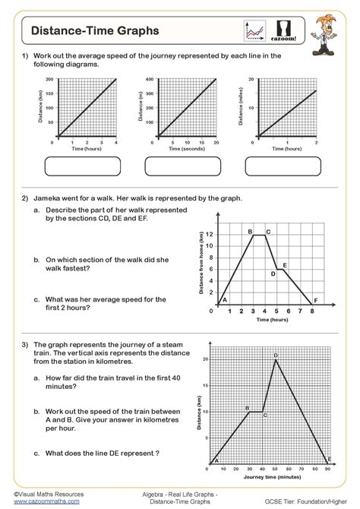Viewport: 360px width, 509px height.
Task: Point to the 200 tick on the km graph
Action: click(49, 79)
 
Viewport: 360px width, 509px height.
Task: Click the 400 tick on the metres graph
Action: click(149, 79)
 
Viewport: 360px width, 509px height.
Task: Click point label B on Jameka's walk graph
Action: click(250, 230)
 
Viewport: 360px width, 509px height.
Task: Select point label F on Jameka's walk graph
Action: click(315, 300)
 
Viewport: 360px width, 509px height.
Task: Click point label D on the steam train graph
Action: click(276, 355)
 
